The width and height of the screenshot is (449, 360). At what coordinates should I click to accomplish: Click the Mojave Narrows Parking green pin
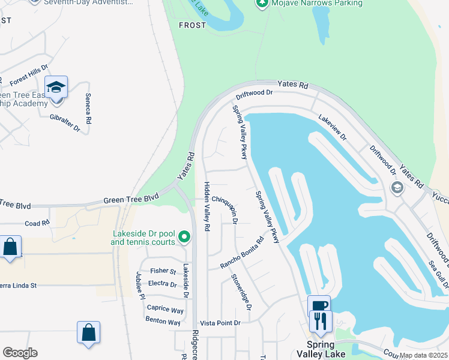[262, 4]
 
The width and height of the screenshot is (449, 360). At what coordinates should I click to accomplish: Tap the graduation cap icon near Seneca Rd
[56, 88]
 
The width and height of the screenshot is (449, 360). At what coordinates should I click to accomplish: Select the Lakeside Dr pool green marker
[185, 238]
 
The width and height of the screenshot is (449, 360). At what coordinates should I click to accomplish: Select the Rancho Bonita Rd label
[242, 254]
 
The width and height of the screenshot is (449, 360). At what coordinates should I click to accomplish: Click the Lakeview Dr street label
[333, 127]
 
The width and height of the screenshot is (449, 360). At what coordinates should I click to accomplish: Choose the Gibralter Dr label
[65, 122]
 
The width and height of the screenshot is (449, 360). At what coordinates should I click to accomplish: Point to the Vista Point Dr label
[220, 323]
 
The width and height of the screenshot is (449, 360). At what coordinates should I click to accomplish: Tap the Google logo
[20, 353]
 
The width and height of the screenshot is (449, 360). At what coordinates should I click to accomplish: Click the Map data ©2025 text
[423, 355]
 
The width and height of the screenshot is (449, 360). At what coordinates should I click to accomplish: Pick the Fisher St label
[163, 271]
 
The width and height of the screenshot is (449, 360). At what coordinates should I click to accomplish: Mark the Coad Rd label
[37, 224]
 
